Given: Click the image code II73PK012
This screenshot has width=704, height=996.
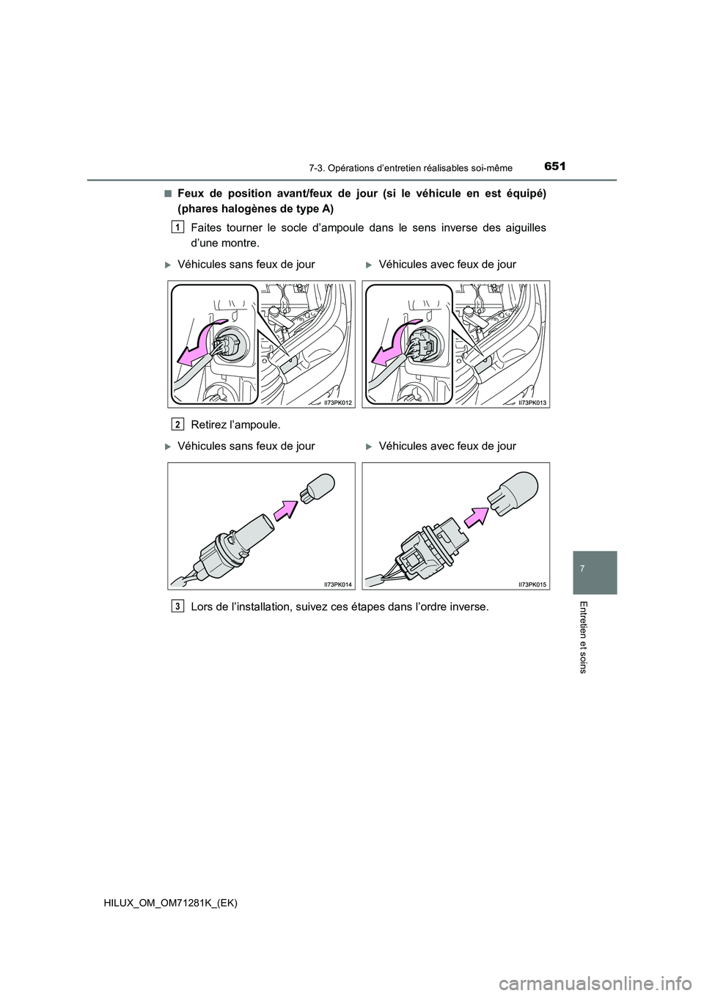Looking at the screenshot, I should [x=339, y=403].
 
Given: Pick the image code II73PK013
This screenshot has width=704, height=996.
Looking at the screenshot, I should [x=533, y=403].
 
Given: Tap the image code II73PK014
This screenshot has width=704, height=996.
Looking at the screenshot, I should [x=339, y=584].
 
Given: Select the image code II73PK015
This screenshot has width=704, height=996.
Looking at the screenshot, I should [x=533, y=584].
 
